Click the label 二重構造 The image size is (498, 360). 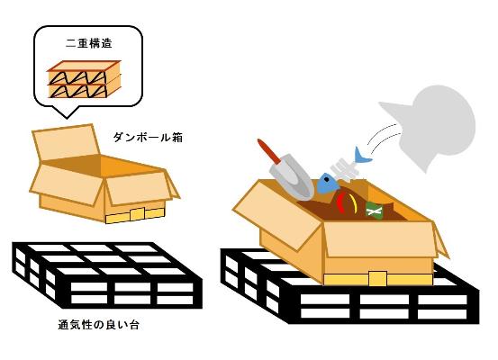(89, 43)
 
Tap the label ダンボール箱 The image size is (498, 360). (148, 138)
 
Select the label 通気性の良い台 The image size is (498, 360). (98, 325)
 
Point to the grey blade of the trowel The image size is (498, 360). (292, 179)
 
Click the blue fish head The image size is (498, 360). (329, 183)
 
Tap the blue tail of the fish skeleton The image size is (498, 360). (361, 155)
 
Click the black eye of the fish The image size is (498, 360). (327, 180)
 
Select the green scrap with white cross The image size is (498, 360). (374, 211)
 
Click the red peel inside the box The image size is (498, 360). (340, 202)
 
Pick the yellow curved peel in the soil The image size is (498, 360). (355, 202)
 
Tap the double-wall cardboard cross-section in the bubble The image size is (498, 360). (84, 79)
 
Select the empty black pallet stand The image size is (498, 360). (107, 274)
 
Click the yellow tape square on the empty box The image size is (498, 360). (137, 214)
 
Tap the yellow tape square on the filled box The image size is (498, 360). (377, 278)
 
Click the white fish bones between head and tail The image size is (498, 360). (344, 168)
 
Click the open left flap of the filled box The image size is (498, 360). (276, 216)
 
